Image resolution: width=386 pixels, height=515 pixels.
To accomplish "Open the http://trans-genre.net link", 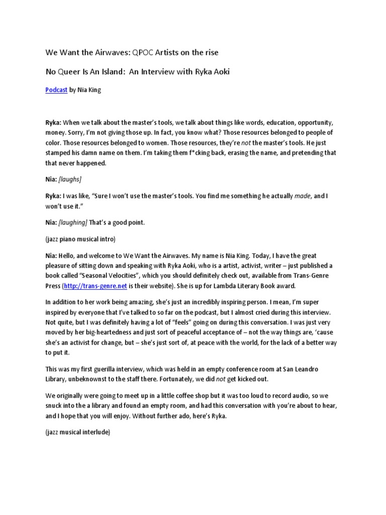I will click(94, 286).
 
